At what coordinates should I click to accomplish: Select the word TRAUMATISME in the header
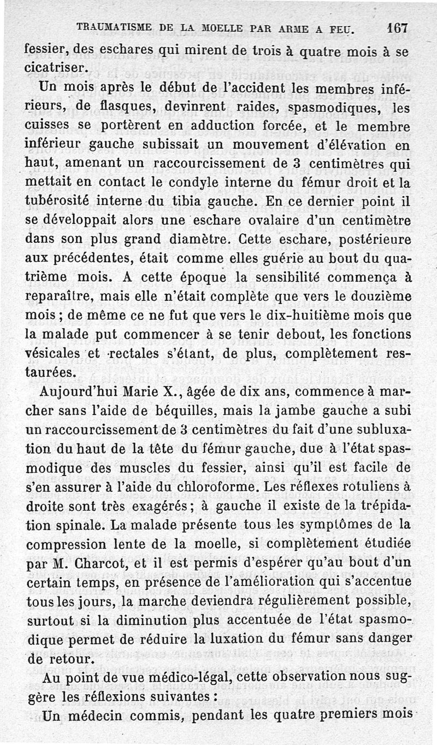coord(109,26)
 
